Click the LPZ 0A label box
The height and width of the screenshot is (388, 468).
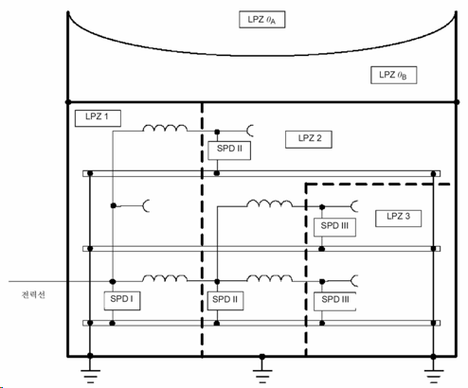pyautogui.click(x=262, y=20)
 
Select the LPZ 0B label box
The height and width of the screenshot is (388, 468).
pyautogui.click(x=393, y=75)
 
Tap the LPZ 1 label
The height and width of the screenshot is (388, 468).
pyautogui.click(x=98, y=118)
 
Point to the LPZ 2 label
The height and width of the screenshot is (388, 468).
pyautogui.click(x=309, y=139)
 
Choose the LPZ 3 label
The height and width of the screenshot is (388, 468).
pyautogui.click(x=398, y=218)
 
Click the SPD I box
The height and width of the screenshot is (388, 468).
pyautogui.click(x=122, y=301)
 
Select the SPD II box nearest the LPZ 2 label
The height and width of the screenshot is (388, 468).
pyautogui.click(x=229, y=150)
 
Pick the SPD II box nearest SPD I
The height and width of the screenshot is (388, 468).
pyautogui.click(x=225, y=301)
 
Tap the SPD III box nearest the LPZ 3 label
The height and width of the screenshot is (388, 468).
pyautogui.click(x=334, y=227)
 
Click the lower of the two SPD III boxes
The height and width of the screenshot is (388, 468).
pyautogui.click(x=334, y=301)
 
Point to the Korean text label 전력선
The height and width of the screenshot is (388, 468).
pyautogui.click(x=33, y=294)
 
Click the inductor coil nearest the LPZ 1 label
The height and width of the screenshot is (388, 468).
pyautogui.click(x=165, y=128)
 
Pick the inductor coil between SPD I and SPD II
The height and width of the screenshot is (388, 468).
pyautogui.click(x=165, y=278)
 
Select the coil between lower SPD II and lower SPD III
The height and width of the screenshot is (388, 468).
pyautogui.click(x=269, y=278)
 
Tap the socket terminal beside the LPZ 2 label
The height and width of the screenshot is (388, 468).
pyautogui.click(x=250, y=131)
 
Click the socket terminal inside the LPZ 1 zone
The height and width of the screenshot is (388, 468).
pyautogui.click(x=146, y=206)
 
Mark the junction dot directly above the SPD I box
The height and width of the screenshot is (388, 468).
pyautogui.click(x=113, y=281)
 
